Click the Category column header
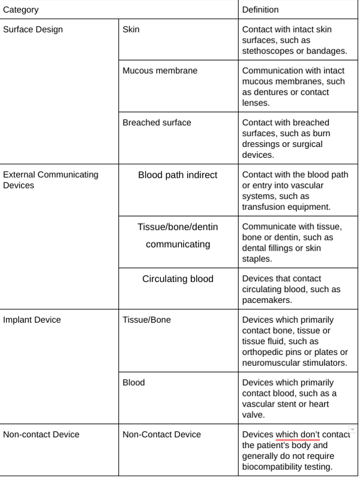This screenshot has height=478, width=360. (20, 10)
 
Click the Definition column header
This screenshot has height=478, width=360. (260, 10)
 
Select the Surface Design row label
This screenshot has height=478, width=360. (33, 30)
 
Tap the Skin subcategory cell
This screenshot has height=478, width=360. (131, 30)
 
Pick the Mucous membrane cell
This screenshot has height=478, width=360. (160, 71)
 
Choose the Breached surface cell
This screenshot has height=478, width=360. (157, 122)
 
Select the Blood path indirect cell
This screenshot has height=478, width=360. (178, 175)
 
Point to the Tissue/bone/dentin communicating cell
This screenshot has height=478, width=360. (178, 236)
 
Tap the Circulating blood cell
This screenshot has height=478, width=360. (178, 279)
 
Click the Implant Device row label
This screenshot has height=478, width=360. (32, 320)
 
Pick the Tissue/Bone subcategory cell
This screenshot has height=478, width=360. (146, 320)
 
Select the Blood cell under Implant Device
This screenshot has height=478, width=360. (133, 382)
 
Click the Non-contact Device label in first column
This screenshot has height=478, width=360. (41, 434)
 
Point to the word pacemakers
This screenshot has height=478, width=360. (268, 299)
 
